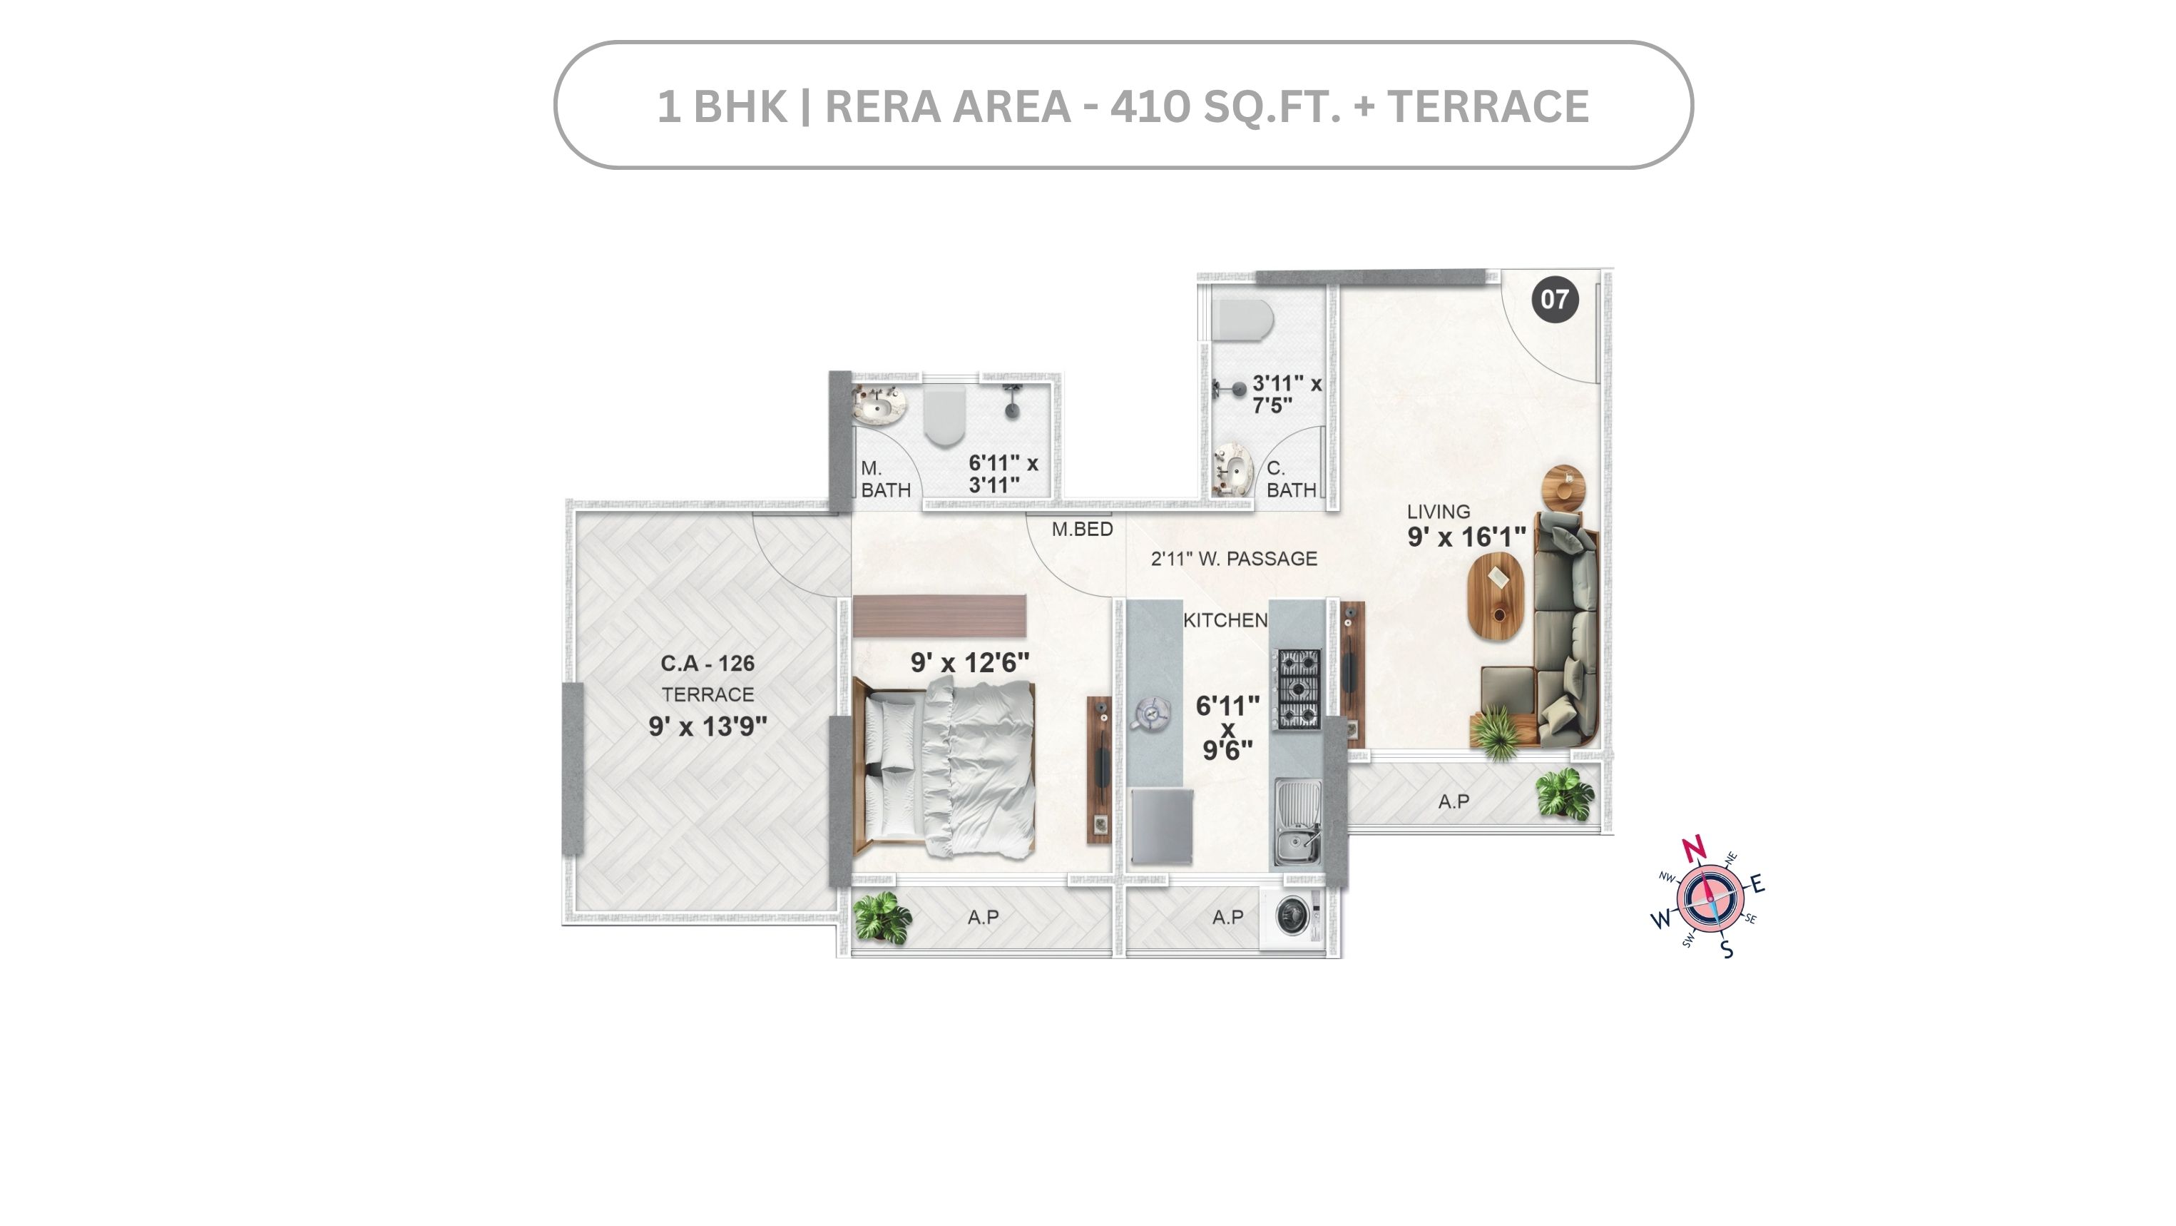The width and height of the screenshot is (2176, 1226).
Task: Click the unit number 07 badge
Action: click(1554, 299)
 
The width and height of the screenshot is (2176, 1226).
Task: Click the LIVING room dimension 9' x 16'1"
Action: click(1466, 537)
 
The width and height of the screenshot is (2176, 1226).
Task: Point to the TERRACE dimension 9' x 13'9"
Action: click(708, 726)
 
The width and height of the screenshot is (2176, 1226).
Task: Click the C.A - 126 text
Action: click(708, 664)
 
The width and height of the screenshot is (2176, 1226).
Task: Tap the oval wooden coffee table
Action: click(1497, 596)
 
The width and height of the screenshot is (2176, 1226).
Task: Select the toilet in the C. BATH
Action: click(1242, 320)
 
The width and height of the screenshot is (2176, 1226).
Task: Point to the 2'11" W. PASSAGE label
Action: click(1234, 559)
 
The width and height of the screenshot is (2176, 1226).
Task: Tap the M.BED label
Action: click(1082, 529)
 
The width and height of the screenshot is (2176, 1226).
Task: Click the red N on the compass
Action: click(1694, 848)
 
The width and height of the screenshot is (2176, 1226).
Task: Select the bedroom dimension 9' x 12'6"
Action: click(970, 662)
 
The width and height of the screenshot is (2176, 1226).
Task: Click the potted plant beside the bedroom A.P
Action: click(882, 918)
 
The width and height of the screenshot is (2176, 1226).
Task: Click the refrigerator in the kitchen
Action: click(1162, 826)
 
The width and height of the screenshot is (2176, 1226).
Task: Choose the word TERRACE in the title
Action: click(1488, 107)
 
